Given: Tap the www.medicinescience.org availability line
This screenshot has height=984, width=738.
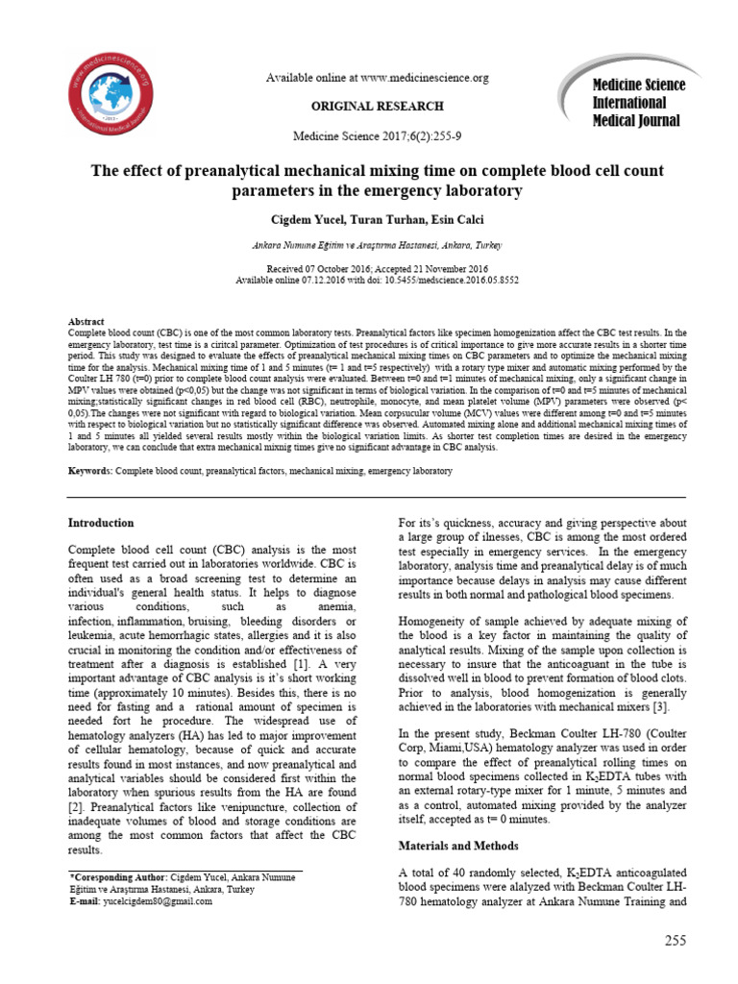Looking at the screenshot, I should pos(377,78).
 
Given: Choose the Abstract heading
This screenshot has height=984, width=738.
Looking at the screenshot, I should pos(86,321).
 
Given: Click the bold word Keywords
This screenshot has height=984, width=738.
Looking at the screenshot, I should pos(89,472).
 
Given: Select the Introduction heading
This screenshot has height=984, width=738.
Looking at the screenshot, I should pos(101,523).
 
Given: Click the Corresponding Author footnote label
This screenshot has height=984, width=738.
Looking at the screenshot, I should pos(118,878).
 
